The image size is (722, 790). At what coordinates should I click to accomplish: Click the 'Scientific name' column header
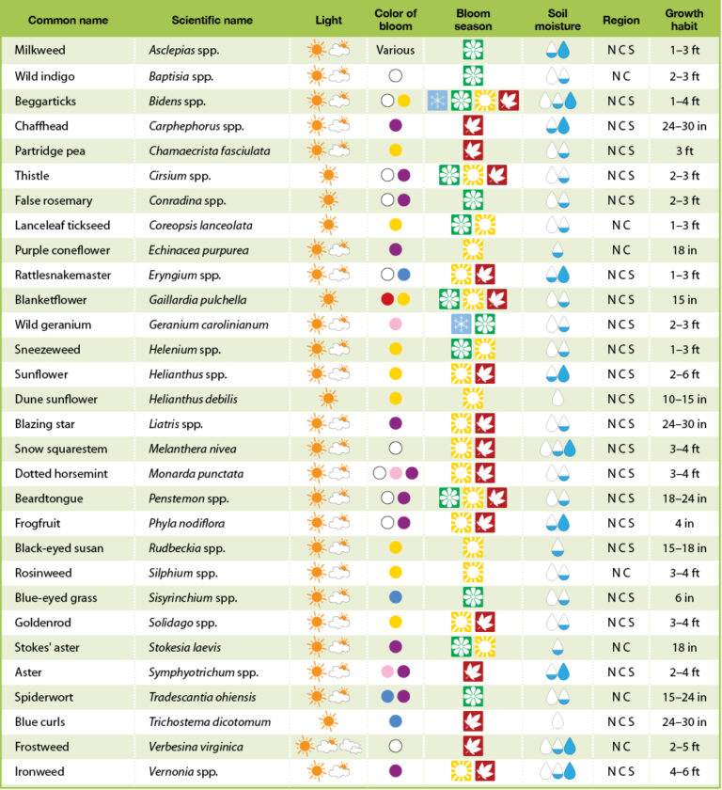point(212,20)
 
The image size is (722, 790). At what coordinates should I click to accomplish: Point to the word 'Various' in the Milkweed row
point(395,51)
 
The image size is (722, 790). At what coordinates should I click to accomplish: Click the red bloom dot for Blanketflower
point(386,300)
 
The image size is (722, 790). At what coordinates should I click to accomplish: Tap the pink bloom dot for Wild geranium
point(395,324)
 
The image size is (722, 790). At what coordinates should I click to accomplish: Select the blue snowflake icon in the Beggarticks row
point(437,101)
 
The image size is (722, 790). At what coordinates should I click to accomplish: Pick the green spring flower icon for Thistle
point(449,175)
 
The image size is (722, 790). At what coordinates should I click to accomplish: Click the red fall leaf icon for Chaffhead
point(473,125)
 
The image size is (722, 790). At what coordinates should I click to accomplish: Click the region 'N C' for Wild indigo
point(620,75)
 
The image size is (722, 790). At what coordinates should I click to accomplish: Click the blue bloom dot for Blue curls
point(395,721)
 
